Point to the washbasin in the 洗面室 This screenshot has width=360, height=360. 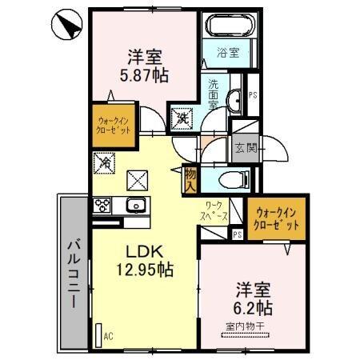234,100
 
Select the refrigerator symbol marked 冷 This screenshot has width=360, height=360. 106,162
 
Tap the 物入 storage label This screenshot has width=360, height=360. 190,179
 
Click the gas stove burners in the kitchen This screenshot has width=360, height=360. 104,206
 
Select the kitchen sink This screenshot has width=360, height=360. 136,206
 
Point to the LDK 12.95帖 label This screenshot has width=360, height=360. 144,260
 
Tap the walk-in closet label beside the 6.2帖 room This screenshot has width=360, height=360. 278,218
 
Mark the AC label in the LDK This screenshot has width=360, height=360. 107,336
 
